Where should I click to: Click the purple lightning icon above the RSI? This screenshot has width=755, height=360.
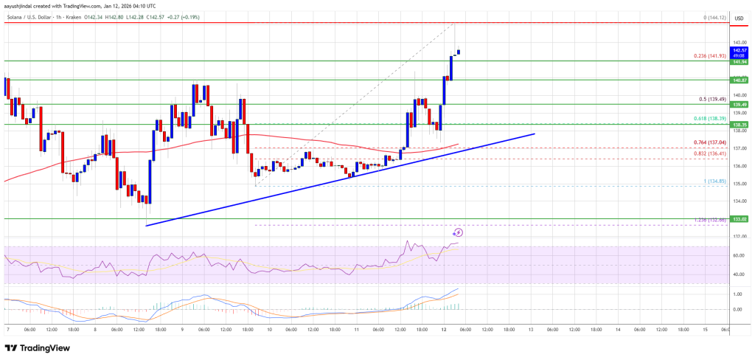(458, 232)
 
